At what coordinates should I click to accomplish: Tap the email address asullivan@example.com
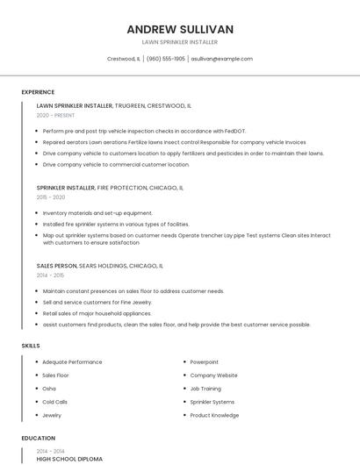click(x=222, y=59)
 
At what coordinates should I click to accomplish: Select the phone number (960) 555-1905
click(x=166, y=59)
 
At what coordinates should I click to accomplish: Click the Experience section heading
click(x=38, y=92)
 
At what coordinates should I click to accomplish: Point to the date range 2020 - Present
click(x=55, y=116)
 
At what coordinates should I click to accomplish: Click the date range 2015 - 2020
click(x=51, y=197)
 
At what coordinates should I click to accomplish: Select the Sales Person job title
click(x=57, y=265)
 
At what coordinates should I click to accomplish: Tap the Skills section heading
click(x=31, y=346)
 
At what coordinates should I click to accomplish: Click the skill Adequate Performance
click(x=72, y=361)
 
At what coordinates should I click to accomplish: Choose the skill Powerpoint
click(x=205, y=361)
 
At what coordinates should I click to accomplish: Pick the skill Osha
click(x=49, y=389)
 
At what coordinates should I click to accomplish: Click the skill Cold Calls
click(x=55, y=402)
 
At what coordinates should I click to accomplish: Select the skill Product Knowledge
click(x=214, y=415)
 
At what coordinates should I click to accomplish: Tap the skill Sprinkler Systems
click(x=212, y=402)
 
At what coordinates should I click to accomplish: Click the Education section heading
click(x=38, y=438)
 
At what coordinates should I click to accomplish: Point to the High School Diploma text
click(x=69, y=459)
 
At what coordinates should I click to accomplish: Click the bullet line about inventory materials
click(x=97, y=213)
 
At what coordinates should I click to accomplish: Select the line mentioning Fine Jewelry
click(x=97, y=302)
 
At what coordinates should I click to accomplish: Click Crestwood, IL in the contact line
click(x=123, y=59)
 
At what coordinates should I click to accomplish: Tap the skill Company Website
click(x=213, y=376)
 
